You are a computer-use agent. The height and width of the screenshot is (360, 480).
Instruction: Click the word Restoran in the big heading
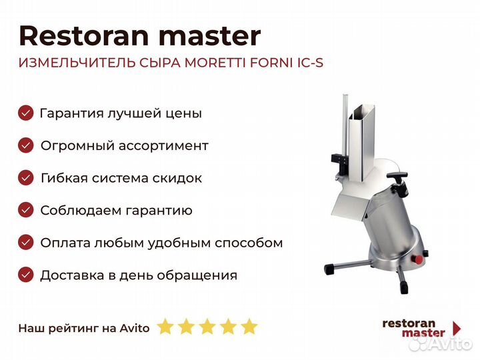[x=84, y=36]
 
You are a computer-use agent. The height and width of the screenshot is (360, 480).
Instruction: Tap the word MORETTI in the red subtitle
[x=215, y=63]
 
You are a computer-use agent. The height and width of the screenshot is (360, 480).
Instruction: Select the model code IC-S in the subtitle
[x=310, y=63]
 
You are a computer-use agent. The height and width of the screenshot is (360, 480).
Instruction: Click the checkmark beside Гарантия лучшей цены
[x=26, y=113]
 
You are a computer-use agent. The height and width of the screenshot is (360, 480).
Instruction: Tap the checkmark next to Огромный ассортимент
[x=26, y=145]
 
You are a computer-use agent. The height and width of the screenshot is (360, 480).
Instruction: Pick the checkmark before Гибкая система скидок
[x=26, y=178]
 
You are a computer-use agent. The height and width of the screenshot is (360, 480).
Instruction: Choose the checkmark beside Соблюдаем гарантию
[x=26, y=210]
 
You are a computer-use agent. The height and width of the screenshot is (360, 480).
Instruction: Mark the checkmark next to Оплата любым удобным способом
[x=26, y=243]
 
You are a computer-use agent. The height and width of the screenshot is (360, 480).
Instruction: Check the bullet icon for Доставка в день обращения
[x=26, y=275]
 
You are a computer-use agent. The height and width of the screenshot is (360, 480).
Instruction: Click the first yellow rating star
[x=165, y=326]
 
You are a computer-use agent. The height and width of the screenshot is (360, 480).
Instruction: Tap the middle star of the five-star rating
[x=207, y=326]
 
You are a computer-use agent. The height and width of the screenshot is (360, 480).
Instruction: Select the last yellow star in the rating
[x=249, y=326]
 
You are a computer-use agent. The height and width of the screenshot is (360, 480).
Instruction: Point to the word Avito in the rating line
[x=135, y=328]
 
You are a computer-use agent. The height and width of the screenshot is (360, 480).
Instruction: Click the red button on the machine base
[x=418, y=259]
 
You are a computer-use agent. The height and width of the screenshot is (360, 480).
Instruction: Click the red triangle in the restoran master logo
[x=457, y=328]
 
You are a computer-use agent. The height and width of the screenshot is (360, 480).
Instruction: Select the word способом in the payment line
[x=249, y=243]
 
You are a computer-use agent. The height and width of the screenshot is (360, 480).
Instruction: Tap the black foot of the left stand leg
[x=330, y=269]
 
